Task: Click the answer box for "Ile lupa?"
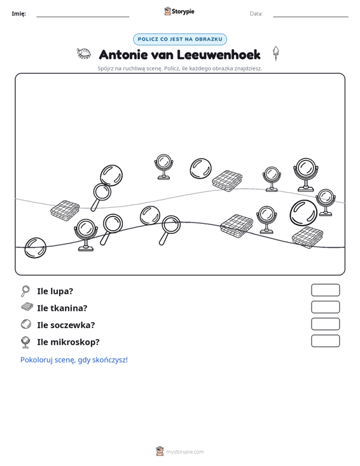click(325, 290)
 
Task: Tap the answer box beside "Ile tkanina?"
click(325, 307)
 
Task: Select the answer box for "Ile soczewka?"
click(325, 324)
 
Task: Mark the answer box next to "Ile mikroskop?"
click(325, 341)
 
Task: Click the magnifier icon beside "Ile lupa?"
click(25, 291)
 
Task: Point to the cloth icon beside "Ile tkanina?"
click(27, 307)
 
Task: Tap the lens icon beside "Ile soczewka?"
click(26, 324)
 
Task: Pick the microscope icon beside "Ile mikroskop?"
click(25, 342)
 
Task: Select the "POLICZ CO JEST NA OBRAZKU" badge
click(180, 39)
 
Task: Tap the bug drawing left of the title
click(84, 53)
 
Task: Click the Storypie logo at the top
click(179, 11)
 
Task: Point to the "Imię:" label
click(18, 14)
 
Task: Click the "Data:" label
click(256, 14)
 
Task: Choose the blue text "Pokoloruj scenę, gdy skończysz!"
click(74, 360)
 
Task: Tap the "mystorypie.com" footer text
click(185, 452)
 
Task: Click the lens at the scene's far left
click(36, 247)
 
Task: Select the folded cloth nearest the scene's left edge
click(65, 210)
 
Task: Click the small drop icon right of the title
click(276, 53)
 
